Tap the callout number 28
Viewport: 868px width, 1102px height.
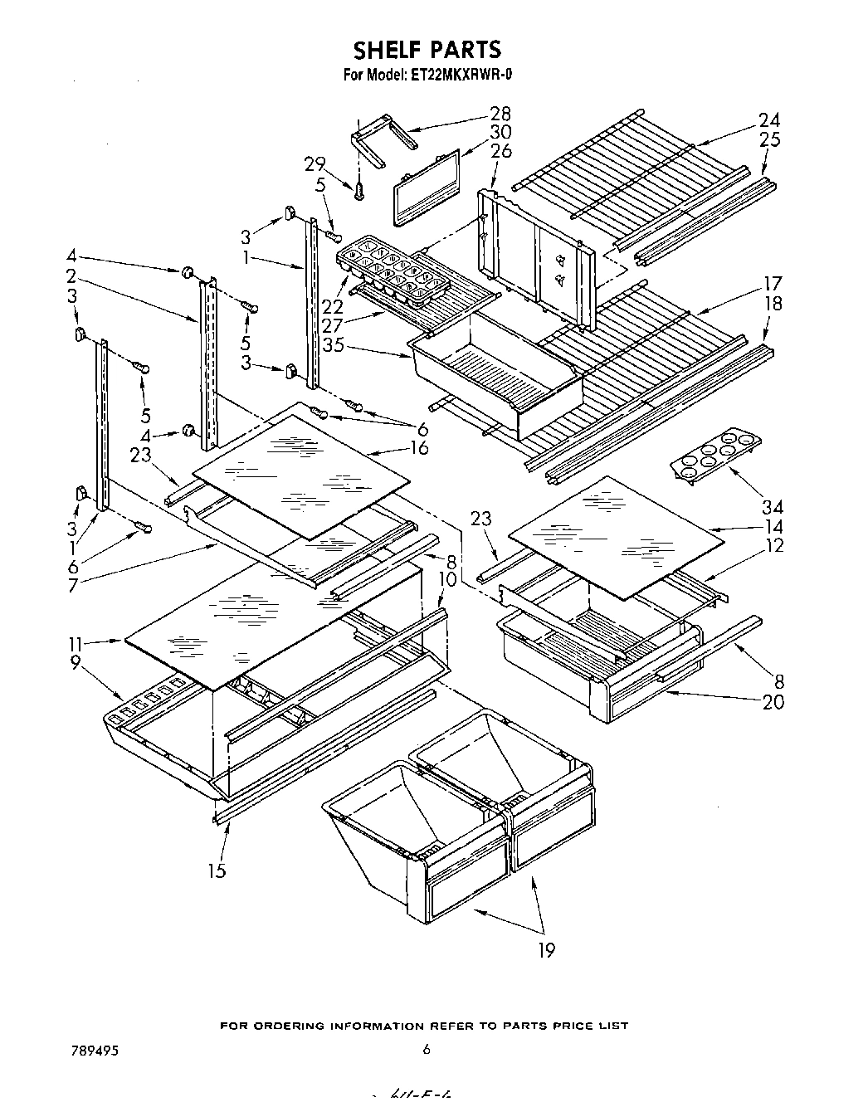pyautogui.click(x=500, y=114)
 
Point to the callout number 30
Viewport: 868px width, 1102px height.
pyautogui.click(x=500, y=132)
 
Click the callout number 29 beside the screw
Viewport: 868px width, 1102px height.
pyautogui.click(x=315, y=164)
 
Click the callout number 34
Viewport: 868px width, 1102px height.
pyautogui.click(x=773, y=506)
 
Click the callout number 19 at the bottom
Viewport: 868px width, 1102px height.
pyautogui.click(x=545, y=949)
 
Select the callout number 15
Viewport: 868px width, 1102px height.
pyautogui.click(x=217, y=870)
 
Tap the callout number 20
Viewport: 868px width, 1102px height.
pyautogui.click(x=773, y=701)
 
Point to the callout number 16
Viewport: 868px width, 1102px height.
pyautogui.click(x=420, y=448)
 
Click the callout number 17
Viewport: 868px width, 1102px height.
pyautogui.click(x=773, y=283)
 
